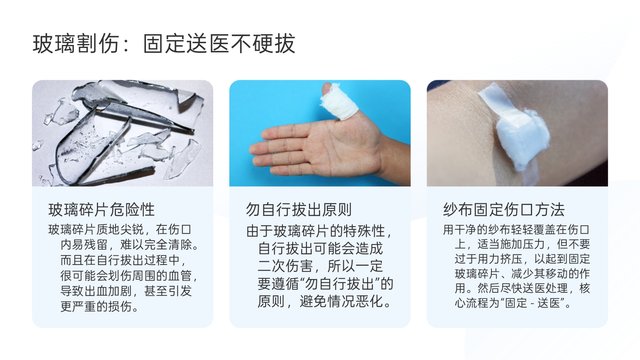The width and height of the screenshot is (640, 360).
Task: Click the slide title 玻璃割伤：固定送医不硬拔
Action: [x=164, y=44]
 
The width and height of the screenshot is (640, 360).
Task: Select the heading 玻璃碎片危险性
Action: [x=101, y=210]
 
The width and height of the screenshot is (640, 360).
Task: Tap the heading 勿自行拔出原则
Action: [x=299, y=210]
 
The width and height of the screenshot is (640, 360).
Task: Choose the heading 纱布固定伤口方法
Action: [x=504, y=210]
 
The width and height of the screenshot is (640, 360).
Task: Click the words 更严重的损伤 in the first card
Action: [x=96, y=306]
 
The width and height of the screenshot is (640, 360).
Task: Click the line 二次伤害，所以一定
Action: [x=320, y=266]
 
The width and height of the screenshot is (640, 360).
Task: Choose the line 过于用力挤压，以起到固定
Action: [x=522, y=259]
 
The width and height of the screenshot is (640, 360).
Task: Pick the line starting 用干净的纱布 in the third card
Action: [x=516, y=230]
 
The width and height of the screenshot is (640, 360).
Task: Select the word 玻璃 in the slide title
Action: [x=54, y=44]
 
